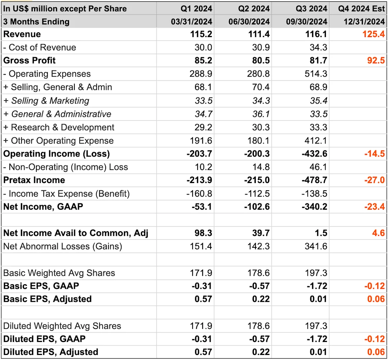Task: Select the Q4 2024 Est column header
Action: (x=361, y=8)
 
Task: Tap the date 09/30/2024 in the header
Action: (x=307, y=22)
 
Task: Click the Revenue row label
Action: (x=22, y=35)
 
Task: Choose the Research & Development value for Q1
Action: (x=204, y=127)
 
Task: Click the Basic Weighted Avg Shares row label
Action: (x=59, y=273)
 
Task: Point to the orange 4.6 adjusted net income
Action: (x=378, y=233)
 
